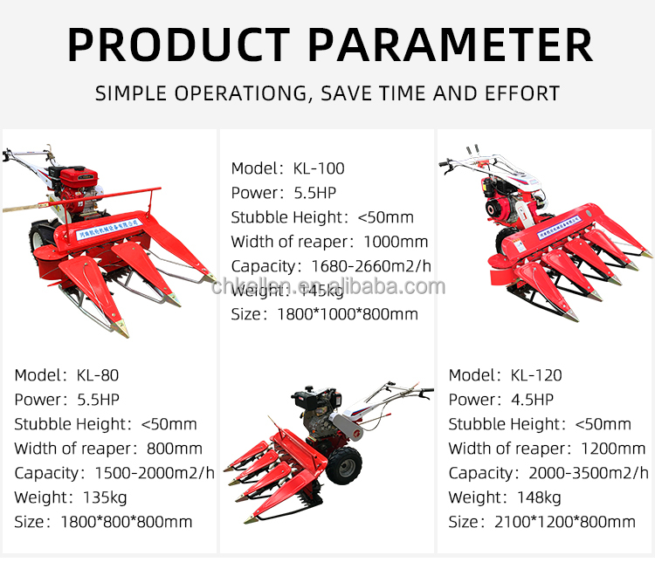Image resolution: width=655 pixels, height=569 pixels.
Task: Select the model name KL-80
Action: point(96,375)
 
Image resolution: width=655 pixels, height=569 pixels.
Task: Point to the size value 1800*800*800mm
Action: point(127,522)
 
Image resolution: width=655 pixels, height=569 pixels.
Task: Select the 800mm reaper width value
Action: point(172,449)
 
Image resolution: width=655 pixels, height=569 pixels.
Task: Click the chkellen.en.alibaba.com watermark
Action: point(328,287)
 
